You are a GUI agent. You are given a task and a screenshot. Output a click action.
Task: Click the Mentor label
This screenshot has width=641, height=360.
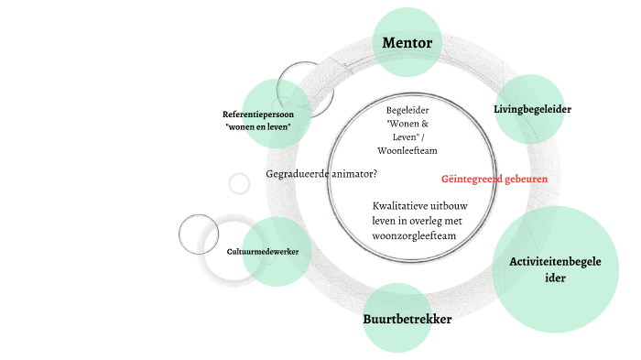(x=407, y=42)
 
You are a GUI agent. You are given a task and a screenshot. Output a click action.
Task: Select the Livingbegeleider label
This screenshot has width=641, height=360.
(x=532, y=109)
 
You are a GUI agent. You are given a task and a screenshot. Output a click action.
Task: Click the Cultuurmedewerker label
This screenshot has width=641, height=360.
(x=263, y=250)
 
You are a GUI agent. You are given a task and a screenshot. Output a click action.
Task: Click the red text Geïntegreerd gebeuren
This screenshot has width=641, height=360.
(x=494, y=179)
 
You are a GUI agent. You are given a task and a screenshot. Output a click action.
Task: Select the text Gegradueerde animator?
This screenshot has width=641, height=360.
(x=321, y=174)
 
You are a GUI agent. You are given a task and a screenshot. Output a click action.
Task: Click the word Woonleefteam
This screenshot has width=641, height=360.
(x=407, y=150)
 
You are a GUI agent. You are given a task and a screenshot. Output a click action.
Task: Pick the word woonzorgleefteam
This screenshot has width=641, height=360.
(x=414, y=235)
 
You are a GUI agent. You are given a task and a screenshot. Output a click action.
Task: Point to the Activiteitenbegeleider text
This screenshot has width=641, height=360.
(x=556, y=269)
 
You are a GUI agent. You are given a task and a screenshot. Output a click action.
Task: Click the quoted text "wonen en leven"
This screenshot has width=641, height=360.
(x=257, y=126)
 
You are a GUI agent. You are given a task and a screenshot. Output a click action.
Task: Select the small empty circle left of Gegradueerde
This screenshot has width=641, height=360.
(x=239, y=183)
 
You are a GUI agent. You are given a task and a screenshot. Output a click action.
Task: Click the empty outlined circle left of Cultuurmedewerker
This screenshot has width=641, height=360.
(x=199, y=235)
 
